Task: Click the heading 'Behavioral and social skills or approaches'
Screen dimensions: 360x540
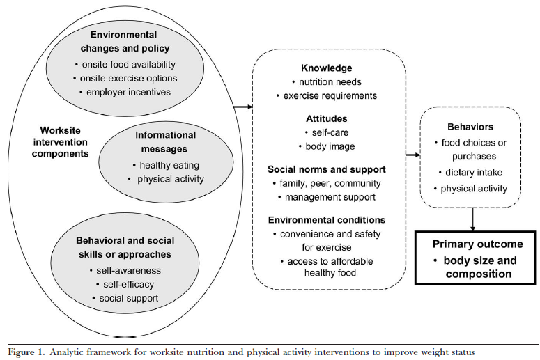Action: [125, 247]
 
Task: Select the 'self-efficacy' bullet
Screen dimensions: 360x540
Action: [125, 284]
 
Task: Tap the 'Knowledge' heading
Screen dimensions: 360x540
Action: [326, 68]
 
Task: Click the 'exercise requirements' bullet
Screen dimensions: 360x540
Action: [326, 95]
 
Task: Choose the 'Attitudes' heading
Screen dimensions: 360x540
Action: [326, 118]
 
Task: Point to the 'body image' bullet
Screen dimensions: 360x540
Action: [326, 146]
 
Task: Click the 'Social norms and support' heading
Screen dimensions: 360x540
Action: [326, 169]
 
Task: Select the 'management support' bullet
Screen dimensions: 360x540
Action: [326, 197]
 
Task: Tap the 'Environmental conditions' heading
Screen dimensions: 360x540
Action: [326, 220]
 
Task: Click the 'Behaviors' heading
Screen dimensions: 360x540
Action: [472, 127]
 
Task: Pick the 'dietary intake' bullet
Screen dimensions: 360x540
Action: [472, 172]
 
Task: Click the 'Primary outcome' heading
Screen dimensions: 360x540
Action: [477, 244]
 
